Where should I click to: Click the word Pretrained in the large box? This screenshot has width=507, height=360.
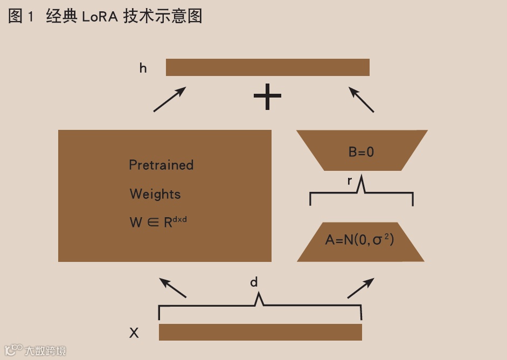(161, 165)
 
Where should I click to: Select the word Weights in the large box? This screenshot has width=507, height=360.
(155, 194)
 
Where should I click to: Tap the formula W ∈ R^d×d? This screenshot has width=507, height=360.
(158, 221)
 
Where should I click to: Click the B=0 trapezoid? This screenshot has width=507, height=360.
(362, 151)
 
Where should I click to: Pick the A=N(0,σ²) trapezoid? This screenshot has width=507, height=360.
(360, 240)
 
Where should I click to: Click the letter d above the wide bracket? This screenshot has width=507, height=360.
(254, 282)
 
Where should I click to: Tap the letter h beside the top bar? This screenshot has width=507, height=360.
(143, 68)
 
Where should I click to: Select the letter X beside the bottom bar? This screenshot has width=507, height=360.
(134, 334)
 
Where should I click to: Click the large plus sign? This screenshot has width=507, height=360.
(268, 96)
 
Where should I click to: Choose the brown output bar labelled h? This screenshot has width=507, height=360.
(268, 67)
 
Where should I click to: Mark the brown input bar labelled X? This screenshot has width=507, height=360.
(260, 332)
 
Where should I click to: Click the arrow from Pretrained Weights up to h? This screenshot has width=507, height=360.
(170, 99)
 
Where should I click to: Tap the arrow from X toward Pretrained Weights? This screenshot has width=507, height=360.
(173, 288)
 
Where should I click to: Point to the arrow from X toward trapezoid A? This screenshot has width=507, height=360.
(360, 288)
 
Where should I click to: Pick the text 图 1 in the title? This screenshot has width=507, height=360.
(21, 17)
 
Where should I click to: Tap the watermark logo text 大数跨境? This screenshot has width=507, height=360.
(45, 351)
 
